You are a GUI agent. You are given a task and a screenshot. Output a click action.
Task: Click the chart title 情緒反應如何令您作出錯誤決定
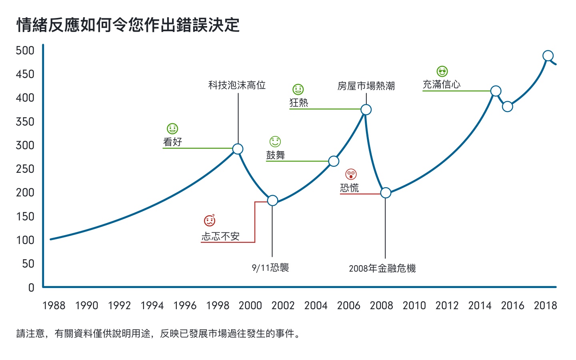click(x=128, y=25)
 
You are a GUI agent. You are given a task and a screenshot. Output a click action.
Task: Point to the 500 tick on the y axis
click(x=25, y=50)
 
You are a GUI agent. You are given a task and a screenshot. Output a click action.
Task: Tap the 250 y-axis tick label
click(x=25, y=169)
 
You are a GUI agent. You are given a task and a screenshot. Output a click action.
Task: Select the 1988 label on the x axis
click(x=54, y=306)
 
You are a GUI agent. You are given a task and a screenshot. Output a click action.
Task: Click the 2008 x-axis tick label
click(x=381, y=306)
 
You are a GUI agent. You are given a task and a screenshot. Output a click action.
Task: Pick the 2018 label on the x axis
click(x=545, y=306)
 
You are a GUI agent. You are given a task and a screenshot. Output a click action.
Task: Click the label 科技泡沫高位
click(x=237, y=85)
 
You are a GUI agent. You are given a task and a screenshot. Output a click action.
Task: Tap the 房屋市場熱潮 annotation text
click(x=366, y=86)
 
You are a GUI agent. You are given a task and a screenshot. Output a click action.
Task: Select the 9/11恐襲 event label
click(x=270, y=268)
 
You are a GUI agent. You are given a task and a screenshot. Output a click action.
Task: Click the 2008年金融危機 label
click(x=382, y=268)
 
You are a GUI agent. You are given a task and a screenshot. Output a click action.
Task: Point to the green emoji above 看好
click(x=172, y=129)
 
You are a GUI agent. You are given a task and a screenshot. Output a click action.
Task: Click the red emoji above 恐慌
click(x=351, y=174)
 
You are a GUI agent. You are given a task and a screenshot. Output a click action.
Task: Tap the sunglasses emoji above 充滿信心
click(x=442, y=72)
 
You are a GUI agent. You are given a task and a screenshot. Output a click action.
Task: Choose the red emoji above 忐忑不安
click(x=210, y=220)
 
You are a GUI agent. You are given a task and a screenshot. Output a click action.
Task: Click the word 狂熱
click(x=299, y=103)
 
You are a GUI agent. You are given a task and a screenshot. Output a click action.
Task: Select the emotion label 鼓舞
click(x=276, y=155)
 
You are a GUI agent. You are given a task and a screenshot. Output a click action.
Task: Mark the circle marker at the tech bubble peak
click(x=238, y=149)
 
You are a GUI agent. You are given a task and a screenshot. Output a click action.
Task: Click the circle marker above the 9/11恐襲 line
click(x=272, y=200)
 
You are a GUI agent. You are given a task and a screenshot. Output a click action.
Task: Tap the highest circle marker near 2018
click(x=548, y=56)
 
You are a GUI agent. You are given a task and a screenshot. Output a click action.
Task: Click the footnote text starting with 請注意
click(x=158, y=334)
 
